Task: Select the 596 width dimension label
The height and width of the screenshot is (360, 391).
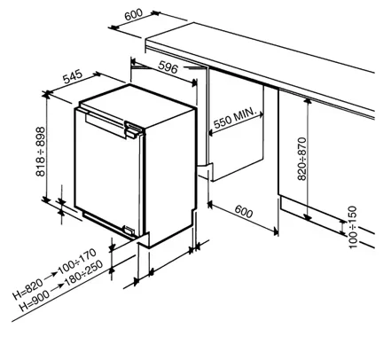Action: [168, 67]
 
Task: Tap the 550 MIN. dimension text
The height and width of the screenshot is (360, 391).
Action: [234, 118]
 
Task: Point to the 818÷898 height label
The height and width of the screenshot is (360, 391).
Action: [40, 152]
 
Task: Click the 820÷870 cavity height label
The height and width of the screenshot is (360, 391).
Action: [301, 159]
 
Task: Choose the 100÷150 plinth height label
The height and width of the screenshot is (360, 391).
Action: [353, 227]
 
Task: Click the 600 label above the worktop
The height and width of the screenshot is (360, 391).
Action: [134, 14]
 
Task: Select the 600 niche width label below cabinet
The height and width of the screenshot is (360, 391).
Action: [244, 212]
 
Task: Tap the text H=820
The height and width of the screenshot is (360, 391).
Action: [27, 289]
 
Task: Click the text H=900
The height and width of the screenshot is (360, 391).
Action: [35, 301]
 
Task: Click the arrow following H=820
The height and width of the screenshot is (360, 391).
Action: [51, 276]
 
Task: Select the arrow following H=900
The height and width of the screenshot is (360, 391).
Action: [58, 287]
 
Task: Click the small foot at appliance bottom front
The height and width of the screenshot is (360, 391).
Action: [129, 230]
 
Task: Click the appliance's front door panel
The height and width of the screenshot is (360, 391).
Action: [107, 171]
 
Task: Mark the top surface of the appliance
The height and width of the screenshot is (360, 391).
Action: [137, 105]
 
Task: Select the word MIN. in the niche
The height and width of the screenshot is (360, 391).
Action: [245, 115]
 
